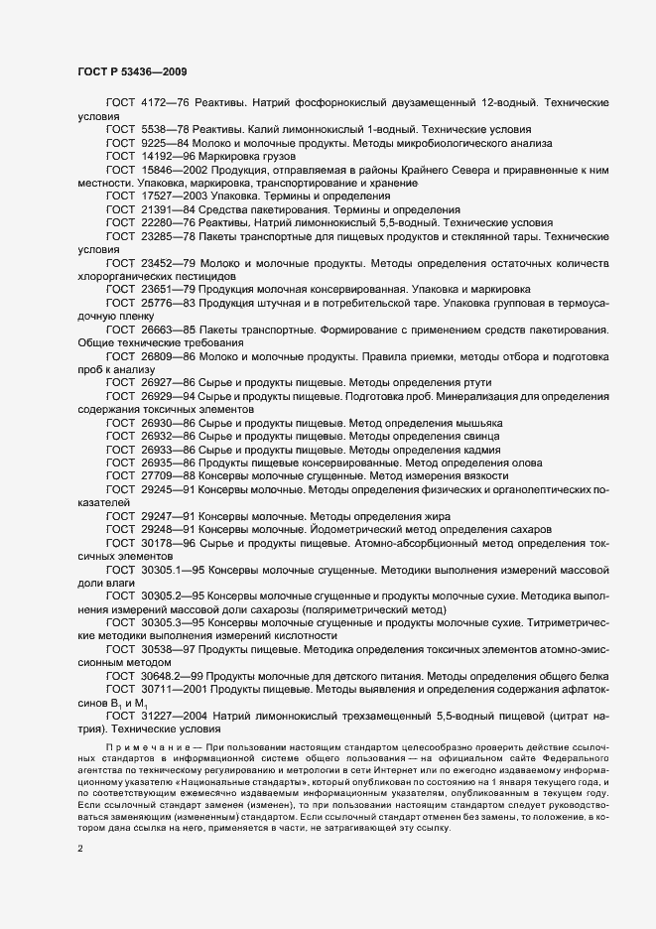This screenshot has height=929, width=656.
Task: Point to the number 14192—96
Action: [170, 157]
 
